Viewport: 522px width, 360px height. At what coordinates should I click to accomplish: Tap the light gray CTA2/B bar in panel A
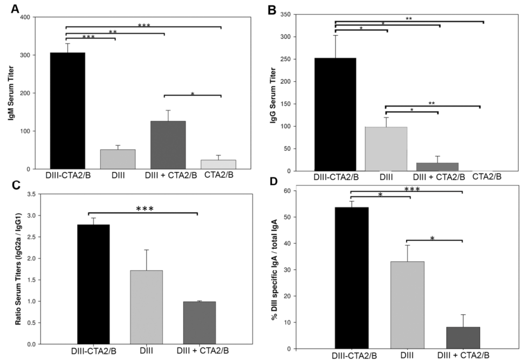(218, 164)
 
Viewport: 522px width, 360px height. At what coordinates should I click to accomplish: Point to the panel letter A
(12, 9)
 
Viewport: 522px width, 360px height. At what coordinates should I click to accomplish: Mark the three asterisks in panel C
(143, 208)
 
